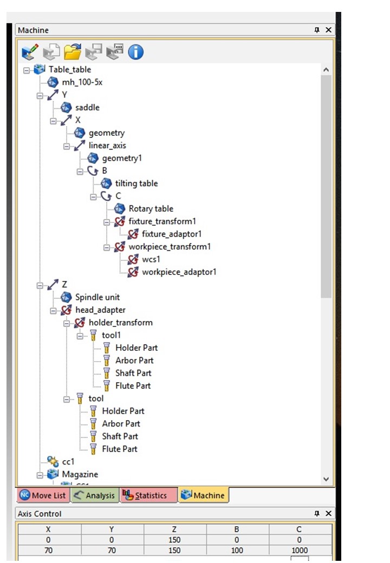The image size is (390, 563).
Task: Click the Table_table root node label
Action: [69, 69]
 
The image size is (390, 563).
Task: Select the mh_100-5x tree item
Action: [82, 82]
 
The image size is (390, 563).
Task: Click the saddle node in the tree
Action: [87, 108]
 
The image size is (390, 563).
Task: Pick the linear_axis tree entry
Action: [107, 146]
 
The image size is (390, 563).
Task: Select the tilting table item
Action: [136, 184]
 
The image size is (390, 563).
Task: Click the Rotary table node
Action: [151, 209]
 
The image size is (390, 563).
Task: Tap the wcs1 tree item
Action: [151, 259]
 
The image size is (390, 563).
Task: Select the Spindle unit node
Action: [97, 297]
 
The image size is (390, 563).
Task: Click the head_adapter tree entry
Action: [100, 310]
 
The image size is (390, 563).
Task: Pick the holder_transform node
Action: [120, 323]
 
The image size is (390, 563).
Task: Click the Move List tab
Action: [43, 495]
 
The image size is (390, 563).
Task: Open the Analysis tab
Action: [95, 495]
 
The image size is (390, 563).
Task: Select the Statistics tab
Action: [149, 495]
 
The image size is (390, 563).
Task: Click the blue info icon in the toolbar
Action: [135, 52]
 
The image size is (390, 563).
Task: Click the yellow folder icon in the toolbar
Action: [72, 52]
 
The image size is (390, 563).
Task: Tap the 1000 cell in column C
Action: [298, 550]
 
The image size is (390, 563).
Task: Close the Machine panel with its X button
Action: [328, 30]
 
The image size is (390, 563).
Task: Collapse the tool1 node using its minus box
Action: [80, 336]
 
